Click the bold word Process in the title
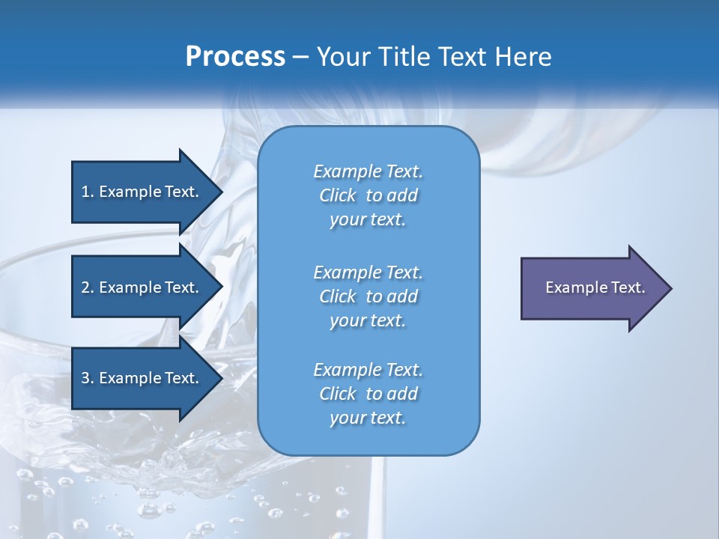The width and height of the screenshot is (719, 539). click(235, 57)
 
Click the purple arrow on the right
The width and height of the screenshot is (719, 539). click(592, 287)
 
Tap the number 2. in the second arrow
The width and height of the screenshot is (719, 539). click(87, 287)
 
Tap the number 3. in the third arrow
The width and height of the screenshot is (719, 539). click(87, 378)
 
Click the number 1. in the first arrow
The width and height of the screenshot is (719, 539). click(87, 192)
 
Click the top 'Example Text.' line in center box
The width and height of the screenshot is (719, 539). click(368, 171)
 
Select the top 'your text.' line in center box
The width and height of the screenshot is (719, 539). click(368, 220)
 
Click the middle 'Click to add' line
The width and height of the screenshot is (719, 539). click(368, 296)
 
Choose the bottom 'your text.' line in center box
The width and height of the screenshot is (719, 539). click(368, 418)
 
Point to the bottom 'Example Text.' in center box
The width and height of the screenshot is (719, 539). click(368, 370)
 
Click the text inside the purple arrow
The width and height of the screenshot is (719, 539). click(595, 287)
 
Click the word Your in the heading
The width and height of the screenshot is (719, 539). click(342, 57)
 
